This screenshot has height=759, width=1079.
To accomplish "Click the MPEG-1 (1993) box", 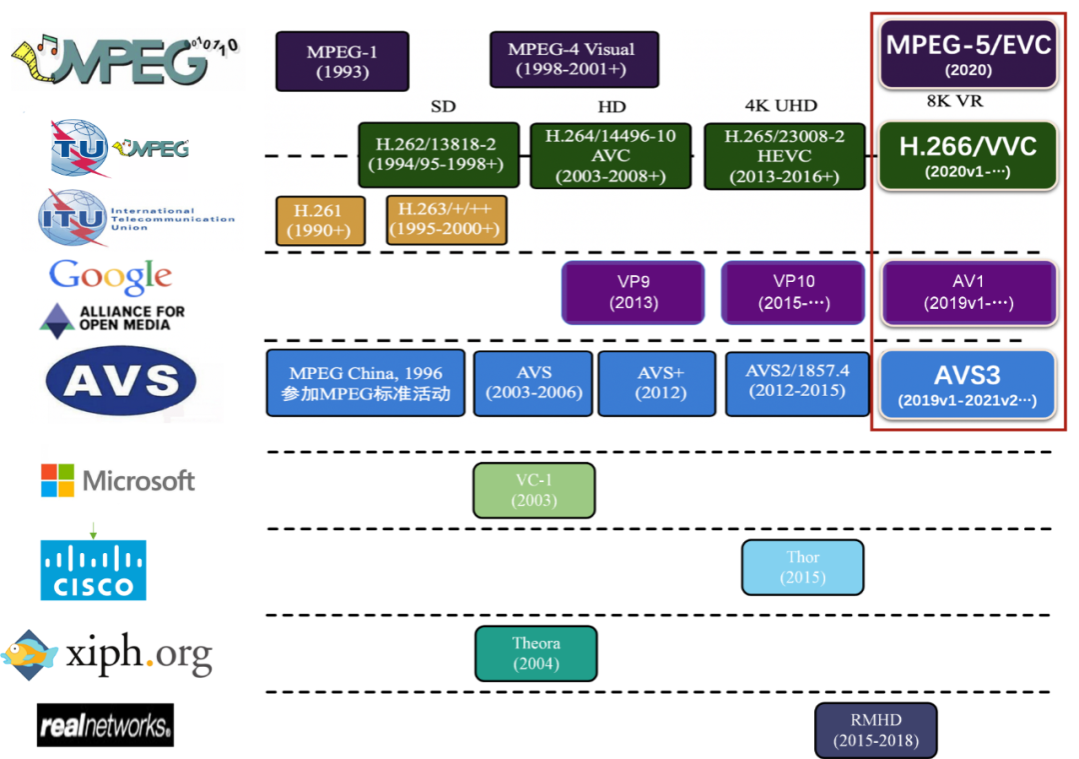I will (x=342, y=61).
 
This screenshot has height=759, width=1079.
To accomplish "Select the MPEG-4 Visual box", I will (x=573, y=59).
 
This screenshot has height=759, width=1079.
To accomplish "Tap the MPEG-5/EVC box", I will (x=968, y=56).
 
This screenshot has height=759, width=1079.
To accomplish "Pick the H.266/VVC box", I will (x=968, y=156).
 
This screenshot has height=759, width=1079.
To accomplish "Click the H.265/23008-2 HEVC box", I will (x=784, y=156).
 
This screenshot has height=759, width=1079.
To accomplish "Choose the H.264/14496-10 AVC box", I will (x=609, y=156).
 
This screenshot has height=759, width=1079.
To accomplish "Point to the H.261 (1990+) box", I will (x=319, y=220).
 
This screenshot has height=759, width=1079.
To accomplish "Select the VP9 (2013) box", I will (x=634, y=291).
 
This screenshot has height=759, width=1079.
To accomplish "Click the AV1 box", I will (x=968, y=291).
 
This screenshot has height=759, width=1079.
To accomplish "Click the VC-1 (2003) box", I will (x=534, y=490).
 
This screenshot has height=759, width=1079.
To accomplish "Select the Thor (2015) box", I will (x=802, y=567).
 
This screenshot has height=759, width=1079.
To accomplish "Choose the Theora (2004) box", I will (x=536, y=653).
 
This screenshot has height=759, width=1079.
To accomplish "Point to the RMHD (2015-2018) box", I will (x=876, y=731).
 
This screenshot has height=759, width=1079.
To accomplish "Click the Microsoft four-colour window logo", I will (x=58, y=480).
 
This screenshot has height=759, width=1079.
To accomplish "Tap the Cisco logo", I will (x=93, y=569).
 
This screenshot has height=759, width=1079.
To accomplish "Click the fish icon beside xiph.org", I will (x=30, y=656).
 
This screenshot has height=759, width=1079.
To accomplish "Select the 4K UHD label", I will (x=780, y=106).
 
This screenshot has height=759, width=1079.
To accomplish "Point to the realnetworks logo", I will (x=105, y=725).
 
